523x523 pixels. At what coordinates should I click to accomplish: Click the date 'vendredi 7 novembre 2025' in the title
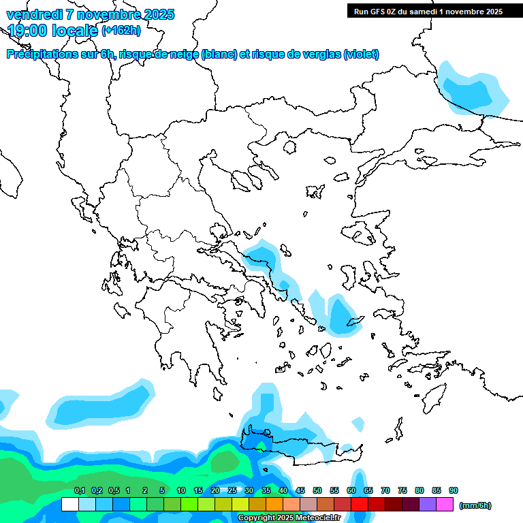(x=91, y=14)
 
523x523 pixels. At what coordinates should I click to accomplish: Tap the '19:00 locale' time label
(x=52, y=30)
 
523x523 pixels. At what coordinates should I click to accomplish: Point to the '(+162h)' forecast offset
(x=121, y=30)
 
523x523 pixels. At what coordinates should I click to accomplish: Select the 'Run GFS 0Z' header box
(x=428, y=11)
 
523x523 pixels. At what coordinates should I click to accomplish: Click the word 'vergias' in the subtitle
(x=315, y=54)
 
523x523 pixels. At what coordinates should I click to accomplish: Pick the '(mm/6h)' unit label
(x=475, y=505)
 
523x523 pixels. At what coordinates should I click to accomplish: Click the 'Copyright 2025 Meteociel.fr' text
(x=289, y=518)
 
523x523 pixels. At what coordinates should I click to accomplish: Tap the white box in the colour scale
(x=69, y=504)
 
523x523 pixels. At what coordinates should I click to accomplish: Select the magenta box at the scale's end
(x=445, y=504)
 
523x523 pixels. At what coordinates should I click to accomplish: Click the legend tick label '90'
(x=454, y=490)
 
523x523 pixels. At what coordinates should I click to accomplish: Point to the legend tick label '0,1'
(x=79, y=490)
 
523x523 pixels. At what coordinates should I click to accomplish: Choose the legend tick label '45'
(x=300, y=490)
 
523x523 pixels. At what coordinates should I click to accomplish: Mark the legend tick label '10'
(x=181, y=490)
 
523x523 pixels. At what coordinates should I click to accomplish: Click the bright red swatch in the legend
(x=360, y=504)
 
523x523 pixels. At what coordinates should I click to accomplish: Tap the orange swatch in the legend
(x=274, y=504)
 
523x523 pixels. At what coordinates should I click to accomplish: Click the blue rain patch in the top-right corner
(x=470, y=91)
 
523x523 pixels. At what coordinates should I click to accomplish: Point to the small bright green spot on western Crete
(x=257, y=444)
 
